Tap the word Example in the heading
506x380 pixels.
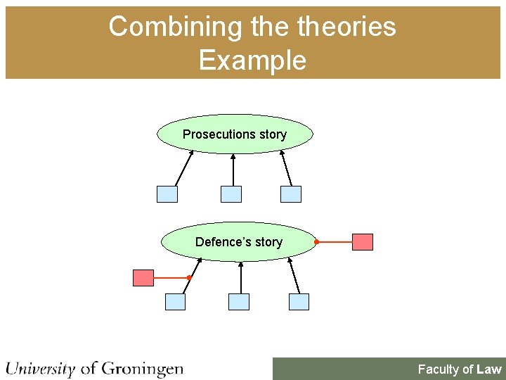coord(252,60)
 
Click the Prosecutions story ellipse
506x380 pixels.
coord(235,134)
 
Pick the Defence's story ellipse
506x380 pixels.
coord(239,242)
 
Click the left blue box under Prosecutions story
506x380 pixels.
coord(167,194)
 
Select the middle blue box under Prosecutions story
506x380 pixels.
coord(231,194)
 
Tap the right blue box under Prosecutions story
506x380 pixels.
coord(291,194)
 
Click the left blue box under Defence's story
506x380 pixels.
coord(175,302)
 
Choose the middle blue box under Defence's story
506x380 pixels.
coord(239,302)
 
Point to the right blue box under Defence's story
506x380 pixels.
coord(299,302)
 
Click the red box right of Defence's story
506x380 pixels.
coord(363,242)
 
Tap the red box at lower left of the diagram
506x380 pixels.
coord(143,278)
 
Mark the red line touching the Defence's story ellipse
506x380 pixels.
coord(335,242)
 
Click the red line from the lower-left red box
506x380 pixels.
coord(171,278)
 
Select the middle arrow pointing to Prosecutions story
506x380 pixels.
coord(233,170)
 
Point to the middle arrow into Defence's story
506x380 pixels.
coord(241,278)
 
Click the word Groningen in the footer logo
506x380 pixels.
coord(142,368)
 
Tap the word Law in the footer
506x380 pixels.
coord(489,369)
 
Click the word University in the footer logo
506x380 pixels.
coord(41,368)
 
